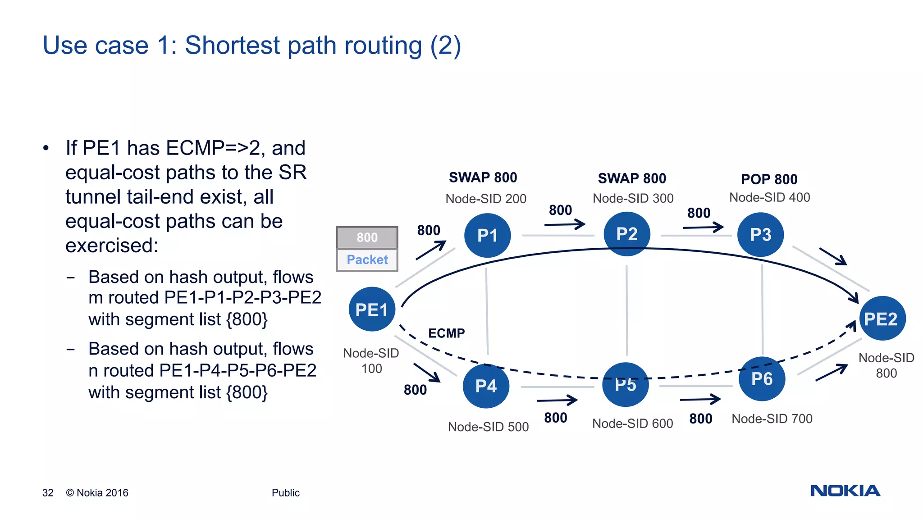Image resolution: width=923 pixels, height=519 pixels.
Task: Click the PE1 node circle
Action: coord(372,310)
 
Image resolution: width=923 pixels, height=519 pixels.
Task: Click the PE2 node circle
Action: coord(882,319)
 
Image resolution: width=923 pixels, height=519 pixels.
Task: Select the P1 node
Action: coord(487,235)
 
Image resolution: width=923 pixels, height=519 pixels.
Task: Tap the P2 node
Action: coord(626,234)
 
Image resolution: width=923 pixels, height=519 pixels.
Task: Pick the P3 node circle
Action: coord(760,234)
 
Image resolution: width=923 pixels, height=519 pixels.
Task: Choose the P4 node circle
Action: coord(486,386)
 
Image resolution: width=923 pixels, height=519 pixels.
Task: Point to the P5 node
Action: coord(626,384)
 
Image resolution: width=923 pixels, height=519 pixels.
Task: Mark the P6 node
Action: coord(762,379)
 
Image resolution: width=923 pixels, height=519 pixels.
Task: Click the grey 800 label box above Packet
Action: coord(367,237)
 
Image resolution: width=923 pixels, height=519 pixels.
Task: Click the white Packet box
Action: coord(367,260)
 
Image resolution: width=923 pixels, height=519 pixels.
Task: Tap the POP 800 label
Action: coord(769,179)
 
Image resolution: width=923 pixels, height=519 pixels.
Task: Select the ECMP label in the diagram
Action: coord(446,333)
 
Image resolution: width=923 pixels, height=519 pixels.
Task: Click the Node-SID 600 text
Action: coord(632,423)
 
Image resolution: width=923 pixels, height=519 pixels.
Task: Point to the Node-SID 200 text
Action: coord(485,199)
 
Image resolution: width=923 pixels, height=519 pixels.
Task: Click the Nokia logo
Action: coord(845,491)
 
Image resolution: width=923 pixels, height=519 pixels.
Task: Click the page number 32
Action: coord(48,493)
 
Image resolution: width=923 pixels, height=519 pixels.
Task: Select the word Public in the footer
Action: coord(285,493)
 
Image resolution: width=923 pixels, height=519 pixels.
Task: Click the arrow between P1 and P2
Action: coord(564,224)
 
